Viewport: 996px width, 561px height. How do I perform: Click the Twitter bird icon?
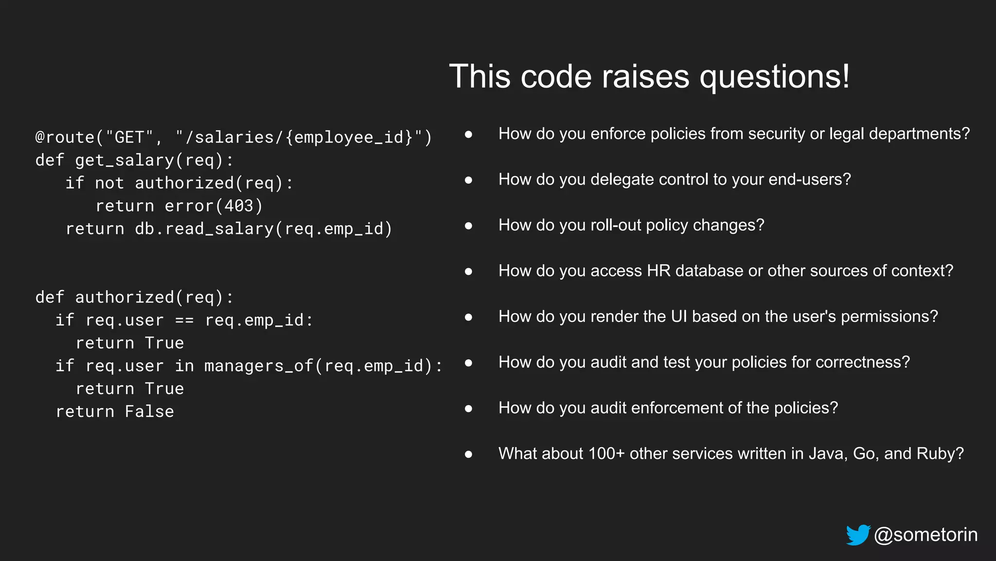coord(858,535)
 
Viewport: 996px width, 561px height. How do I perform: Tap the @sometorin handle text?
coord(925,535)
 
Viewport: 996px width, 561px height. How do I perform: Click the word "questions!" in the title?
coord(774,76)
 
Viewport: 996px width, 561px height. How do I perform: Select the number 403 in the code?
coord(239,206)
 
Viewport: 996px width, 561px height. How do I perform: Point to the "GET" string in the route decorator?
coord(129,137)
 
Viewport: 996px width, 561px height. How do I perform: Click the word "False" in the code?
coord(149,411)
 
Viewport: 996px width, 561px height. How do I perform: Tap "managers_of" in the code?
coord(259,366)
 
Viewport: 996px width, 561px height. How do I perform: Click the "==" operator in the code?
coord(184,320)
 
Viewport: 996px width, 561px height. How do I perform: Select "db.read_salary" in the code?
coord(204,229)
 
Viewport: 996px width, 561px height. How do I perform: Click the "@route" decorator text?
coord(65,137)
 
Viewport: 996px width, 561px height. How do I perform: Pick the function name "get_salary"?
coord(124,160)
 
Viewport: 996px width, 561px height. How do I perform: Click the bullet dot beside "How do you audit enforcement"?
coord(468,409)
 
